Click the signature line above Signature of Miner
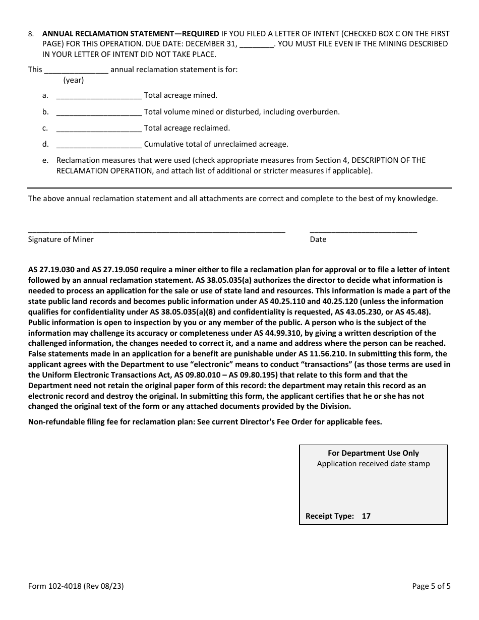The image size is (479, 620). tap(156, 231)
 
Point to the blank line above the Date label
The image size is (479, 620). tap(363, 231)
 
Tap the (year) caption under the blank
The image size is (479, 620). tap(74, 80)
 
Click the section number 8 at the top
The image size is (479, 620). tap(31, 34)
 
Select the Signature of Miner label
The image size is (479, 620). tap(61, 239)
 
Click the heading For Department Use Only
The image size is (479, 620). tap(373, 453)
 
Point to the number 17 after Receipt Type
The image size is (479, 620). tap(366, 516)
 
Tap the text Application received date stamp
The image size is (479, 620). tap(373, 464)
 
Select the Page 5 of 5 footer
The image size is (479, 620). tap(431, 586)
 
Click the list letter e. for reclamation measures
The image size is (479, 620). tap(45, 160)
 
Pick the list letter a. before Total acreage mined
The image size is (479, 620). tap(45, 95)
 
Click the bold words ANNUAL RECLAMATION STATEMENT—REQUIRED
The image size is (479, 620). tap(131, 34)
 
